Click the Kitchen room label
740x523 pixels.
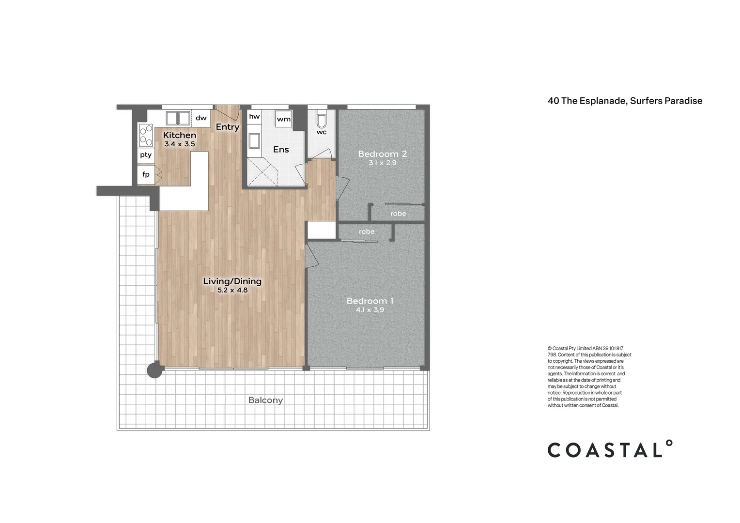[179, 135]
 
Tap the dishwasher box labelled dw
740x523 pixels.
[201, 118]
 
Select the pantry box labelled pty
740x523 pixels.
[146, 155]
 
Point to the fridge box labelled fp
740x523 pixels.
[146, 174]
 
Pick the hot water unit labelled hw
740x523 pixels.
[254, 117]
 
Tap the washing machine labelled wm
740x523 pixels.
[284, 119]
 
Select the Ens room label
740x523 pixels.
[281, 150]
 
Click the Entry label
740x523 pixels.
[228, 127]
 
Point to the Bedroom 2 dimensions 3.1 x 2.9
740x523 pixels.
[382, 163]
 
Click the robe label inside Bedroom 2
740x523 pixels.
[398, 214]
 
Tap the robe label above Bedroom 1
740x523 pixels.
[367, 232]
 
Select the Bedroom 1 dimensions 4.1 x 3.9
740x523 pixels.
[370, 310]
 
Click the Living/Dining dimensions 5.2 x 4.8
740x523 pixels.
[232, 291]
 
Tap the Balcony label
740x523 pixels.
[265, 400]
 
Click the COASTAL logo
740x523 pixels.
[610, 449]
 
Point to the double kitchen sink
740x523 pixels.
[178, 118]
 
